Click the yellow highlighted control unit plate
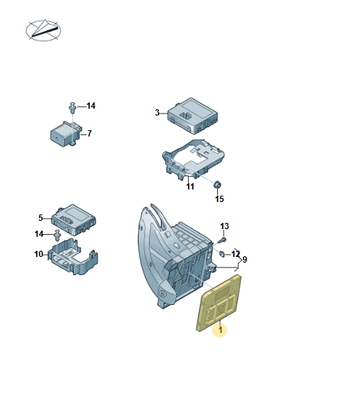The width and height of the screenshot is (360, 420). coord(219,303)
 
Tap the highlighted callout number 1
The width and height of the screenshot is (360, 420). coord(220,329)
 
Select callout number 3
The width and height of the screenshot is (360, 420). coord(157,113)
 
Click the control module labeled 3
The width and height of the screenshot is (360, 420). coord(192,116)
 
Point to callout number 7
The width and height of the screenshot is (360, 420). coord(89,134)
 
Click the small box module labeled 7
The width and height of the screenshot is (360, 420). coord(65,134)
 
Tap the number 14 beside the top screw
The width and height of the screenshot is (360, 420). coord(91,106)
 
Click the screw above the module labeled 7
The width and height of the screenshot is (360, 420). coord(72,107)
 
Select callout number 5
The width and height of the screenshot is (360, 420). coord(40,218)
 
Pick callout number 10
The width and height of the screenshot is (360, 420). coord(38,254)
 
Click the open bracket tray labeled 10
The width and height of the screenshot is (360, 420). coord(73,256)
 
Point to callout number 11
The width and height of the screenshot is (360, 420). coord(190,187)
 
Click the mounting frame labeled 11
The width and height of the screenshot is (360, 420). coord(193,159)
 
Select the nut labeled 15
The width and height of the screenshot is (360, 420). coord(217,185)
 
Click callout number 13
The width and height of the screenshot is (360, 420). coord(224,226)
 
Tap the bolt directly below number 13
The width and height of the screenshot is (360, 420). coord(223,240)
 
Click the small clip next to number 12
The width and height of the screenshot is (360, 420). coord(222,254)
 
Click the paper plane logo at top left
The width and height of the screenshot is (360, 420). coord(43,30)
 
